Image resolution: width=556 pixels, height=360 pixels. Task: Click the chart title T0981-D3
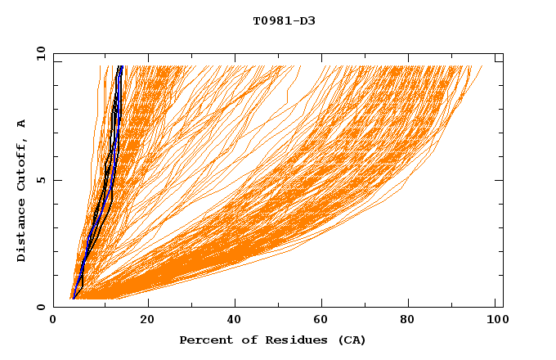tap(284, 20)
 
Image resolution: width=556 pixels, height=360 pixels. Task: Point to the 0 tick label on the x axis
tap(53, 321)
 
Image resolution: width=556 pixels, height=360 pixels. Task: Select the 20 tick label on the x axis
tap(147, 321)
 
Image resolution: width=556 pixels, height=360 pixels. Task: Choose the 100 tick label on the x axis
tap(495, 321)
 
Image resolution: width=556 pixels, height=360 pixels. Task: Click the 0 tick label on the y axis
tap(41, 307)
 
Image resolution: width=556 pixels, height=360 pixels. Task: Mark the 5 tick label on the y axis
tap(41, 180)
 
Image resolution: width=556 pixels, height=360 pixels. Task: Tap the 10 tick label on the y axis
tap(38, 53)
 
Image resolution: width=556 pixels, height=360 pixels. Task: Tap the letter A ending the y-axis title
tap(21, 124)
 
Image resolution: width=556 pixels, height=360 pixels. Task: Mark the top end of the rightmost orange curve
tap(482, 66)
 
